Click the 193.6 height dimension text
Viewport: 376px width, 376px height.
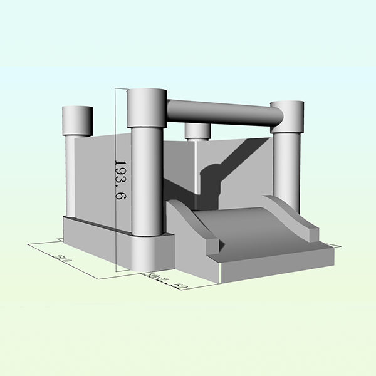[118, 179]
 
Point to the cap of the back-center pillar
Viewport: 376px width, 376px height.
[197, 130]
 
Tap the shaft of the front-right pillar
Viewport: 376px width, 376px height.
[286, 169]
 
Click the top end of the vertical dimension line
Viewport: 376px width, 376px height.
[117, 88]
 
